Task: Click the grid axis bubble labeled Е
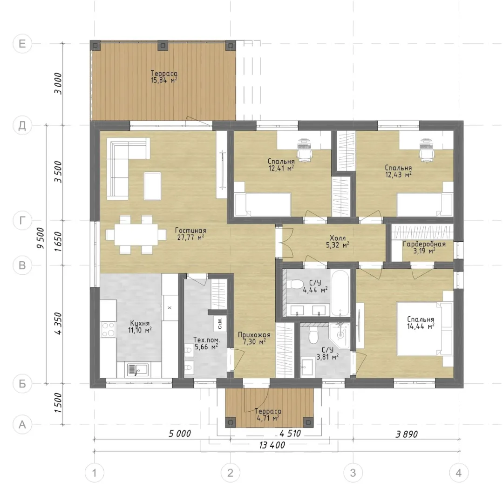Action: pos(22,43)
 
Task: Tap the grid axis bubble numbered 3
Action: pos(353,473)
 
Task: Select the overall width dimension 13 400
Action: pos(272,445)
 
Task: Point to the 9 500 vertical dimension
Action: pos(40,238)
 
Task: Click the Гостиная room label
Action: pos(190,231)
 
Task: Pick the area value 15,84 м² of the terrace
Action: pos(164,80)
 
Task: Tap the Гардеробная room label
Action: pos(424,244)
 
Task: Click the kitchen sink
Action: pos(137,369)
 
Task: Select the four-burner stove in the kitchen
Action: pos(108,330)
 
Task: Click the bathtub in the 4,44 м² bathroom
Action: pos(340,293)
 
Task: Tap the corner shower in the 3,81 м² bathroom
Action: pos(339,335)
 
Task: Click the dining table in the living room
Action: pos(132,234)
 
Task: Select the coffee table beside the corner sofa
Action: pos(152,186)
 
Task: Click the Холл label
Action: pos(338,238)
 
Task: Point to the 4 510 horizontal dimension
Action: pos(290,434)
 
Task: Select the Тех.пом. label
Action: pos(207,340)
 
